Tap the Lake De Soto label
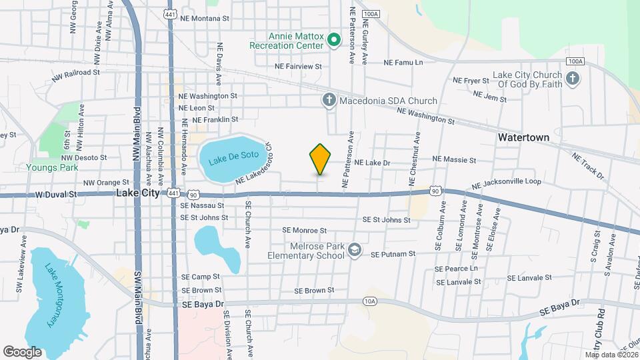point(227,160)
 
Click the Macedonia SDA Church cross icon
point(329,101)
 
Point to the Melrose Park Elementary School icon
point(355,249)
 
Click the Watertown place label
point(523,137)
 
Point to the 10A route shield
point(371,301)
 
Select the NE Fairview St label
point(298,67)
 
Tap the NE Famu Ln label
point(403,62)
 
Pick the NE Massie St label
point(454,160)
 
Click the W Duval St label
point(57,195)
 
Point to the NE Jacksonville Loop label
point(505,185)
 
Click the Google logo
point(22,351)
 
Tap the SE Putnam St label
point(393,254)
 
